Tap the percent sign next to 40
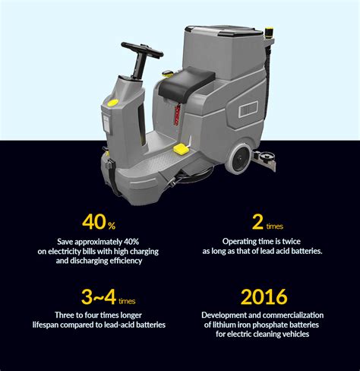(x=111, y=227)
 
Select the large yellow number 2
(x=259, y=223)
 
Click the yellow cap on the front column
(x=112, y=100)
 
